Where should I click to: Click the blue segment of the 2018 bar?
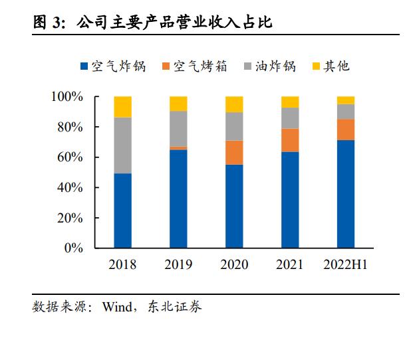122,211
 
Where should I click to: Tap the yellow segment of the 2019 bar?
178,104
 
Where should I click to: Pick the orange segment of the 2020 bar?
234,153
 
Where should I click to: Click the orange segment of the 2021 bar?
290,140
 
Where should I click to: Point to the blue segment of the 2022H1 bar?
345,194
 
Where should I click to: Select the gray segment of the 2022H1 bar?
345,112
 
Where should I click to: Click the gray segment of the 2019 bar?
178,128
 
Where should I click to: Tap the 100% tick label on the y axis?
67,97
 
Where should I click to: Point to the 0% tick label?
74,248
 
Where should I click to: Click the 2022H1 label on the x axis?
345,265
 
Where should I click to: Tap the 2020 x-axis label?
234,265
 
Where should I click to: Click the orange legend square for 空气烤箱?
166,66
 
